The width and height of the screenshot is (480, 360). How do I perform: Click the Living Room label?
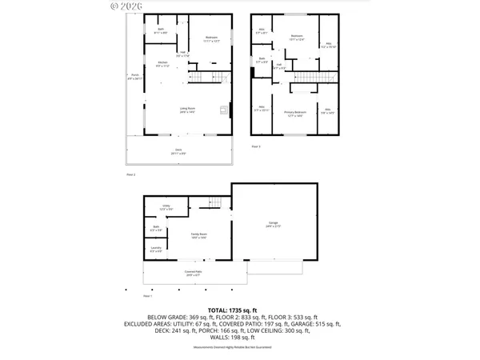pyautogui.click(x=188, y=110)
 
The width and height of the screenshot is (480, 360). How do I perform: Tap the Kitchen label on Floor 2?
pyautogui.click(x=162, y=63)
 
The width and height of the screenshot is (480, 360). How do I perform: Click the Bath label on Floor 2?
pyautogui.click(x=161, y=31)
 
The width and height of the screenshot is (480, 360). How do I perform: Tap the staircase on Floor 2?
pyautogui.click(x=203, y=77)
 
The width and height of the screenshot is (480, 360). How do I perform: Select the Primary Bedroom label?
pyautogui.click(x=294, y=114)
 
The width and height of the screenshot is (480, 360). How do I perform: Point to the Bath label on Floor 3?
pyautogui.click(x=262, y=60)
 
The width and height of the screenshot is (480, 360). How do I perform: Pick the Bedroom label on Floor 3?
pyautogui.click(x=297, y=37)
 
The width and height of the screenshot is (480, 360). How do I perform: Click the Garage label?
pyautogui.click(x=274, y=226)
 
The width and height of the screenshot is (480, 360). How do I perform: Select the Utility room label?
pyautogui.click(x=166, y=207)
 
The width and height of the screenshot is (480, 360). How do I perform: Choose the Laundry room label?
pyautogui.click(x=155, y=250)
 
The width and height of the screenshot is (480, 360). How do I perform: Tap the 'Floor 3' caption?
pyautogui.click(x=256, y=147)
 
